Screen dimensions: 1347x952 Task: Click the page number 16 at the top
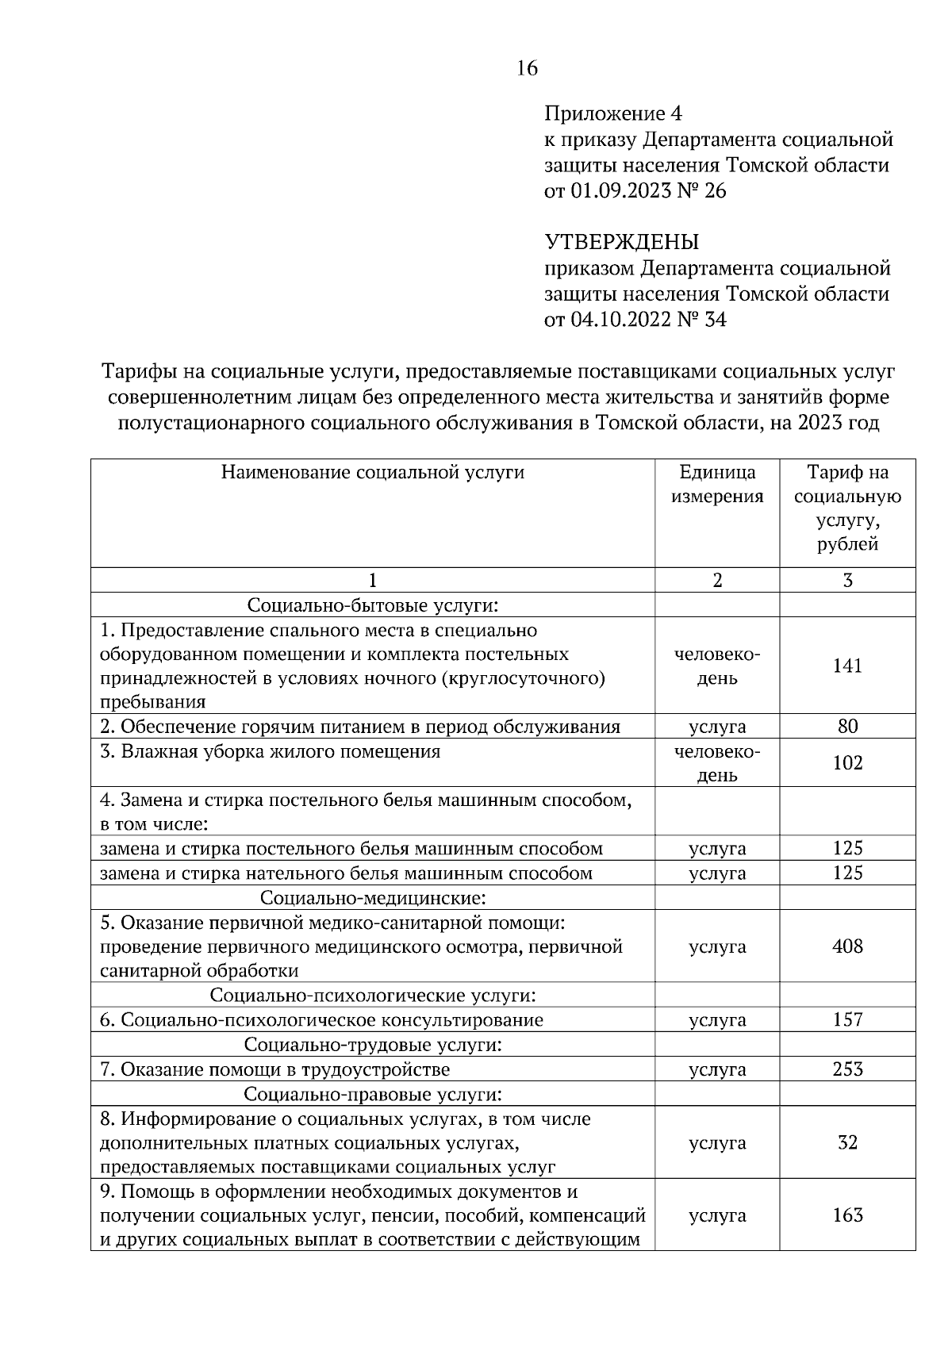click(526, 68)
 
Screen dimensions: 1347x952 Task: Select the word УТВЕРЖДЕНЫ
click(621, 241)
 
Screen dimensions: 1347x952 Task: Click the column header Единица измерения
click(717, 485)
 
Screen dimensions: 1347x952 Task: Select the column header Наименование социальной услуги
click(372, 473)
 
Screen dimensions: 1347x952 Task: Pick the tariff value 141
click(847, 666)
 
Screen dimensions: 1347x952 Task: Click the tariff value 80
click(847, 727)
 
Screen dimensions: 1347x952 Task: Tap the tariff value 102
click(847, 763)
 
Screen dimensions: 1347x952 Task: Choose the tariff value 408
click(847, 946)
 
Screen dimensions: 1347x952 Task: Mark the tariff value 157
click(847, 1019)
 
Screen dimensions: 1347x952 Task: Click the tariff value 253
click(847, 1069)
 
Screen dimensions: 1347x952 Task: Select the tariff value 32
click(847, 1142)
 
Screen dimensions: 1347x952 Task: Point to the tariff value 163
click(847, 1215)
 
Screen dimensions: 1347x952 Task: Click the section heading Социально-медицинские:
click(372, 898)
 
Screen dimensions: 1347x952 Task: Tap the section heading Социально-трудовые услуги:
click(372, 1045)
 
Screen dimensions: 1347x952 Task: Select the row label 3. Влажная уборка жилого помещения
click(270, 751)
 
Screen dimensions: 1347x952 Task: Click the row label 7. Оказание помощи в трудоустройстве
click(274, 1069)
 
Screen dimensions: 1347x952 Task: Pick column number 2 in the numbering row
click(717, 580)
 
